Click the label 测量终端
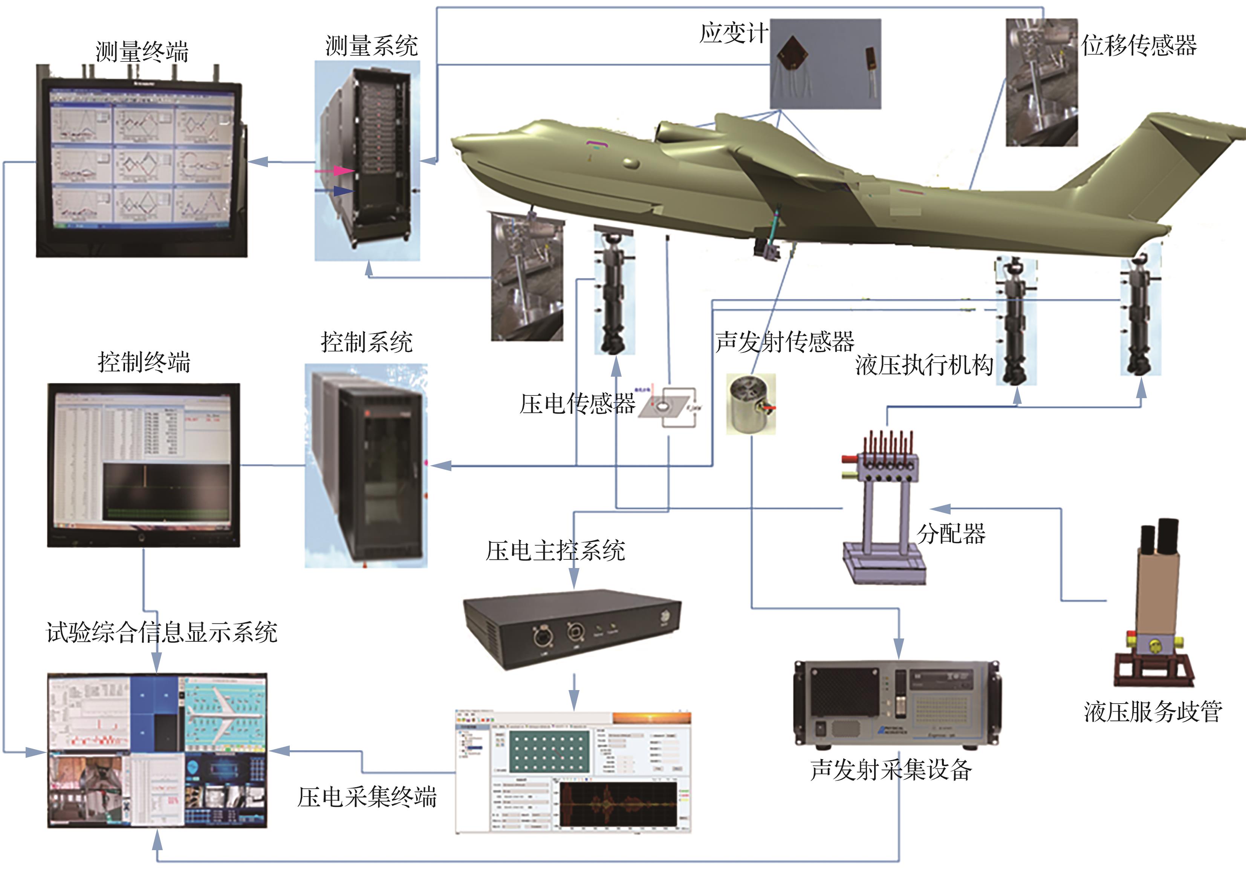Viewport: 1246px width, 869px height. click(x=142, y=52)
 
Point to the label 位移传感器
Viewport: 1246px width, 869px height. click(x=1139, y=46)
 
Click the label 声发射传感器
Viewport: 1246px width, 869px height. click(x=784, y=342)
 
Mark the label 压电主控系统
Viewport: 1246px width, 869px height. click(x=555, y=551)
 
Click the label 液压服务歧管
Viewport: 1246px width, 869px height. click(x=1153, y=711)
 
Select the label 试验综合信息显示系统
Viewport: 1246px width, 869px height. click(x=162, y=632)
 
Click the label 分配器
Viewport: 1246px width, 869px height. click(x=951, y=533)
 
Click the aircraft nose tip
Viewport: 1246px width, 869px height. click(x=456, y=142)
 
